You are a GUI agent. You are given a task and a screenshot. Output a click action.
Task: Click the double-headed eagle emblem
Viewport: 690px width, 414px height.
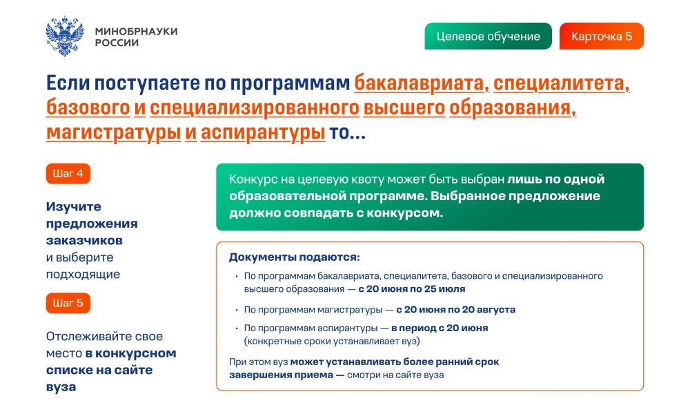(x=65, y=36)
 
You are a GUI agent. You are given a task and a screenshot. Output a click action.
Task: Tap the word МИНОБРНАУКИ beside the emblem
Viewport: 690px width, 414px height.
(x=137, y=31)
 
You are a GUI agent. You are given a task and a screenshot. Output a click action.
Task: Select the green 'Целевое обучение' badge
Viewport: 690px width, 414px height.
(x=488, y=36)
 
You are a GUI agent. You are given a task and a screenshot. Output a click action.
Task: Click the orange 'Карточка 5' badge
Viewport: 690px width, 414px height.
(x=602, y=36)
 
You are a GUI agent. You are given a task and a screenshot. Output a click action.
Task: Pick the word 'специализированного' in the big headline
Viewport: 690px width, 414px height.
(x=255, y=108)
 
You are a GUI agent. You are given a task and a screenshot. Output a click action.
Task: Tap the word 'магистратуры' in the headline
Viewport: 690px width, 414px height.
(x=114, y=132)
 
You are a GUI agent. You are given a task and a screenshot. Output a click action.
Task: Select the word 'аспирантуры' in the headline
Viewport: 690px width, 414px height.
(x=263, y=132)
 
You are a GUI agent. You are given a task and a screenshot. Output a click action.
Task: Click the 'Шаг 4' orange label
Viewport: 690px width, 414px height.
(x=68, y=173)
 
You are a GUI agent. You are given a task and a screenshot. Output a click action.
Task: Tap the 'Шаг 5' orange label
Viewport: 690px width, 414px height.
(x=68, y=303)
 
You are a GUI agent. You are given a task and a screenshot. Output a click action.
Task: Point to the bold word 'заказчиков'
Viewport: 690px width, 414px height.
(x=84, y=241)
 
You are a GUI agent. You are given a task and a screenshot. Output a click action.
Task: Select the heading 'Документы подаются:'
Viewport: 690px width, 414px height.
(x=295, y=257)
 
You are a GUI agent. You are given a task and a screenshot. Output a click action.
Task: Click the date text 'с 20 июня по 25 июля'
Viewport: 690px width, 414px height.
(x=411, y=289)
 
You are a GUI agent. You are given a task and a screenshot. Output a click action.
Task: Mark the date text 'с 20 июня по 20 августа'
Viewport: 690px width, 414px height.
(x=455, y=310)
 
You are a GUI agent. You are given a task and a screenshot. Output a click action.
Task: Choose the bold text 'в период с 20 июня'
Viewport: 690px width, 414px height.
(x=440, y=328)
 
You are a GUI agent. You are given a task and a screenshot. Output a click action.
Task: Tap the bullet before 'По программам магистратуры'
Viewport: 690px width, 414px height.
(x=237, y=310)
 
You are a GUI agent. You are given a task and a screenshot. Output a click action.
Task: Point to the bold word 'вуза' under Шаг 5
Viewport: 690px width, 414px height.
(x=61, y=388)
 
